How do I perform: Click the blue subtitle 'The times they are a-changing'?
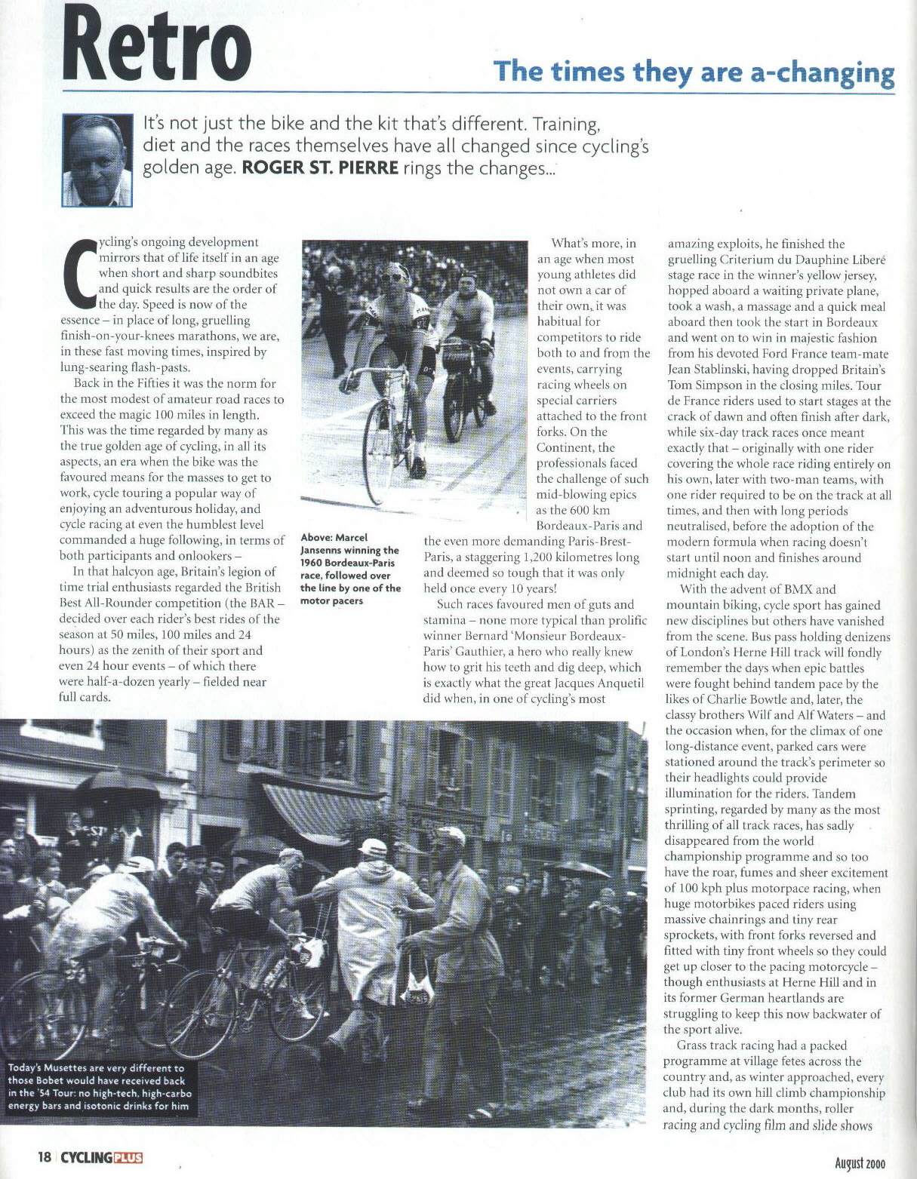coord(694,72)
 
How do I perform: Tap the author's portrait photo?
coord(97,160)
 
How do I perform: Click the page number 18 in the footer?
coord(45,1156)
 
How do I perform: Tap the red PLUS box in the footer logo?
coord(127,1157)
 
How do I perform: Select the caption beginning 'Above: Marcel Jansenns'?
coord(349,569)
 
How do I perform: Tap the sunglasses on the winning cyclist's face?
coord(393,277)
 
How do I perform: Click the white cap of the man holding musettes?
coord(451,835)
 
